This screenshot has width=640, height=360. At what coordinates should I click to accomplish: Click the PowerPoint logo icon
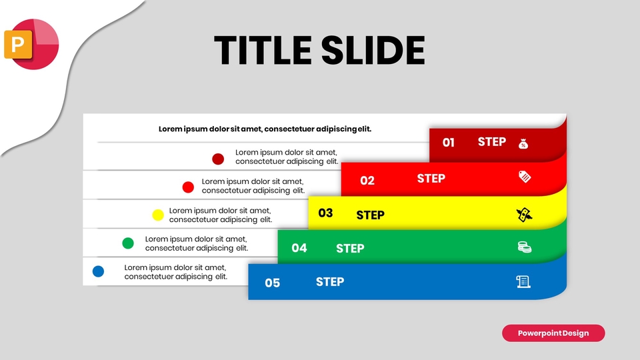(x=31, y=44)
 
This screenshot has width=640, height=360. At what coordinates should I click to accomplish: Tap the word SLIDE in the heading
(x=373, y=50)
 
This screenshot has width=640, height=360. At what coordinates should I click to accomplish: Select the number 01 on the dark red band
(x=449, y=143)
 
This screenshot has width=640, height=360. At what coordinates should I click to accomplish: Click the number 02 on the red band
(x=367, y=181)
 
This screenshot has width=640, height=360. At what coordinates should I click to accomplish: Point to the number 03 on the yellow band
(x=325, y=213)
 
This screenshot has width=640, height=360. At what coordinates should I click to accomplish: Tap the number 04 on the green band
(x=299, y=248)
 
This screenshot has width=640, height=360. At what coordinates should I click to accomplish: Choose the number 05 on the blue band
(x=273, y=283)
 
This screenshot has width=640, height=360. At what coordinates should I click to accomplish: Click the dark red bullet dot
(x=218, y=159)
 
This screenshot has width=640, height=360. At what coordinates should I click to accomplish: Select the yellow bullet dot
(x=158, y=215)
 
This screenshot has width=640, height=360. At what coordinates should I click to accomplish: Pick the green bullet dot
(x=128, y=243)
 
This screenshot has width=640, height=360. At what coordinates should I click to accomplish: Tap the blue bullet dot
(x=99, y=271)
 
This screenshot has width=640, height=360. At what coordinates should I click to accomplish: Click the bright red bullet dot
(x=188, y=187)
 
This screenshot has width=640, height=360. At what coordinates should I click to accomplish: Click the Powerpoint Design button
(x=553, y=333)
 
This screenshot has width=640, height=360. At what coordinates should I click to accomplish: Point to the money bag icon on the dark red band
(x=524, y=143)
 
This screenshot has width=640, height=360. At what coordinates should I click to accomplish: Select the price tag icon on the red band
(x=525, y=177)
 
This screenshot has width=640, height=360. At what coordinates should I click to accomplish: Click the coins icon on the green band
(x=525, y=247)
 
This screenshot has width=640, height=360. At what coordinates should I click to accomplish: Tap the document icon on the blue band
(x=524, y=282)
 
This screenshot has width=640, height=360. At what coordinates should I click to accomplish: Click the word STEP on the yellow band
(x=371, y=215)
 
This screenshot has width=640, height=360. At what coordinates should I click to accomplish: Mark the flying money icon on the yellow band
(x=525, y=215)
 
